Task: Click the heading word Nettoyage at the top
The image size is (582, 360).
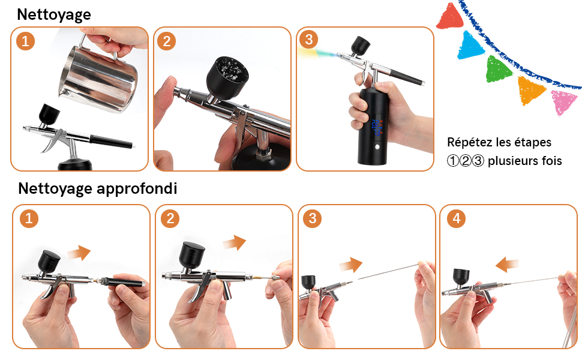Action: pos(54,15)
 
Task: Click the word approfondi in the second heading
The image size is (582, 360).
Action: pos(137,188)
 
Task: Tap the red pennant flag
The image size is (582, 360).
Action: pos(449,16)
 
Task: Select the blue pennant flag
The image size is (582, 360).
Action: pos(470,46)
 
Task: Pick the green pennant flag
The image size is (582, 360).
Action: pos(498,69)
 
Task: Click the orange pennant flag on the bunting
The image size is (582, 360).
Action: pos(530,90)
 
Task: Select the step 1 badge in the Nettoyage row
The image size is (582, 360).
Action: pos(25,41)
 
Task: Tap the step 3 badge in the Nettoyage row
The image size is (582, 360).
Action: pos(308,40)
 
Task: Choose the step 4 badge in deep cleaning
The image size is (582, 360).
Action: pos(456,218)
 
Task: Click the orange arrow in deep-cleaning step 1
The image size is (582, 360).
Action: pos(79,253)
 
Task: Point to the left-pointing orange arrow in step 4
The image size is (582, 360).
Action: pos(507,265)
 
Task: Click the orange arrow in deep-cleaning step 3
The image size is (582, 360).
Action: pos(351,265)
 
